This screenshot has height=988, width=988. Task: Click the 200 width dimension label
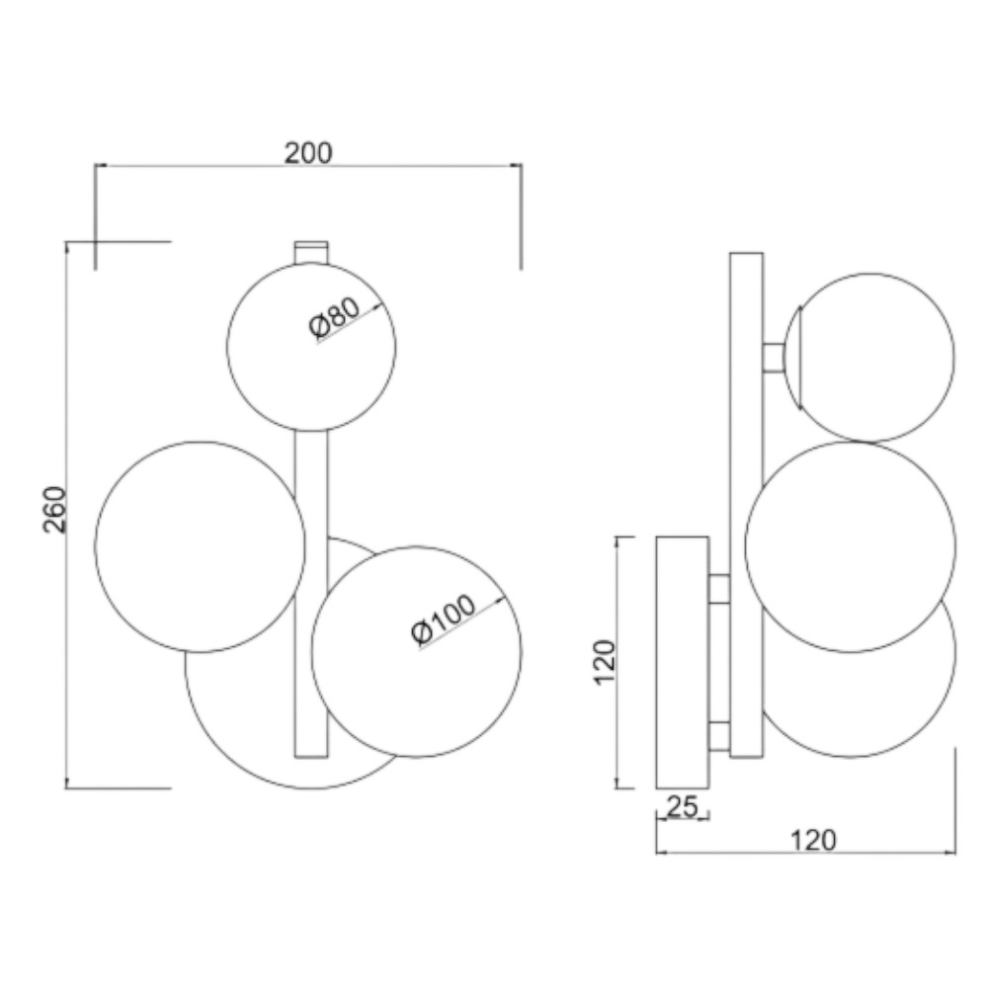[x=308, y=153]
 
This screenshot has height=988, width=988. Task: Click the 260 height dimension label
[x=54, y=509]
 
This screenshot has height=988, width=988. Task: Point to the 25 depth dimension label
[x=683, y=806]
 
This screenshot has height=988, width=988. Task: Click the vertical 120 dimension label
[x=604, y=662]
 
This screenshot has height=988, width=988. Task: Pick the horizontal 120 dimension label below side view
[x=813, y=840]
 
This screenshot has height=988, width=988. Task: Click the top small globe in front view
[x=311, y=347]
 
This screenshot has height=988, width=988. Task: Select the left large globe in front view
[x=201, y=546]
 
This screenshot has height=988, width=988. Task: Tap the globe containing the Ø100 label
[x=417, y=651]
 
